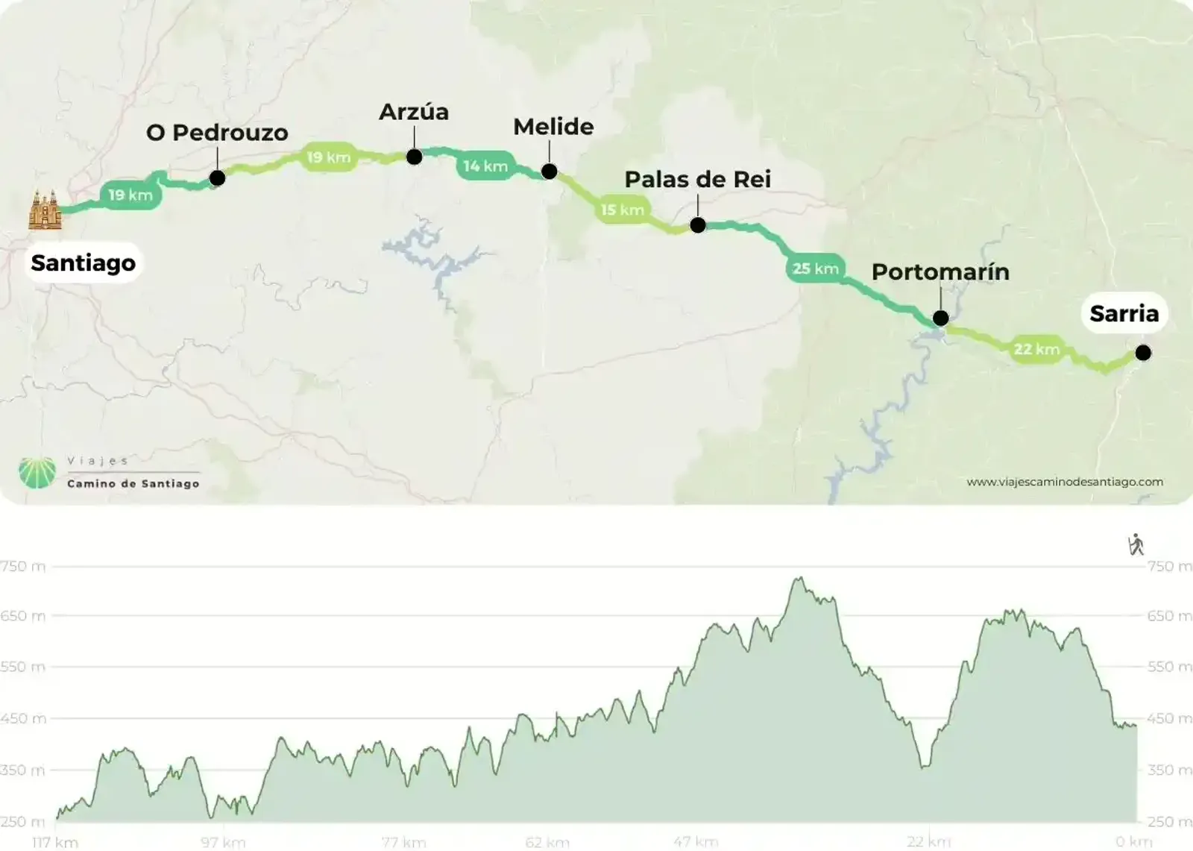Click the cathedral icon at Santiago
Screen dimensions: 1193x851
click(x=45, y=210)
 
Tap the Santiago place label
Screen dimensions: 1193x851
click(x=83, y=263)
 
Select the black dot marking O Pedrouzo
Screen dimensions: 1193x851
click(x=217, y=178)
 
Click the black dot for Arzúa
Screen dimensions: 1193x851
click(x=415, y=157)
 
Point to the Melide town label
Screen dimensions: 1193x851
click(x=553, y=127)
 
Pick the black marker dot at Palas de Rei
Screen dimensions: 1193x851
click(x=698, y=225)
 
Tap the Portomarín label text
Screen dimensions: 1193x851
click(x=940, y=271)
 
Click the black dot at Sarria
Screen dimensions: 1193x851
click(x=1143, y=353)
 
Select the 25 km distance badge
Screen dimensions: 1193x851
click(x=815, y=269)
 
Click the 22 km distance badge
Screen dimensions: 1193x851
click(x=1036, y=349)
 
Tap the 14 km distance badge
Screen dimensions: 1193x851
click(x=485, y=166)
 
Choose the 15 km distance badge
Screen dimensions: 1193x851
click(x=623, y=210)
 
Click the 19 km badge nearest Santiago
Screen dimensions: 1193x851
click(x=130, y=195)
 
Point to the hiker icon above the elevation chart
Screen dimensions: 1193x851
click(x=1136, y=544)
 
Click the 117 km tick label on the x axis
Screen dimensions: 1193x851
click(x=55, y=842)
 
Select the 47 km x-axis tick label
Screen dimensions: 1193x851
click(x=696, y=842)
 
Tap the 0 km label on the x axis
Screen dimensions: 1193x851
click(x=1133, y=842)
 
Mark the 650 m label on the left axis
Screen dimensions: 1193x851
click(x=22, y=616)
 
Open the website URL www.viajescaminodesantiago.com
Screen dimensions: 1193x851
click(x=1064, y=482)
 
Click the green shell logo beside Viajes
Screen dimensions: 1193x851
click(x=37, y=473)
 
